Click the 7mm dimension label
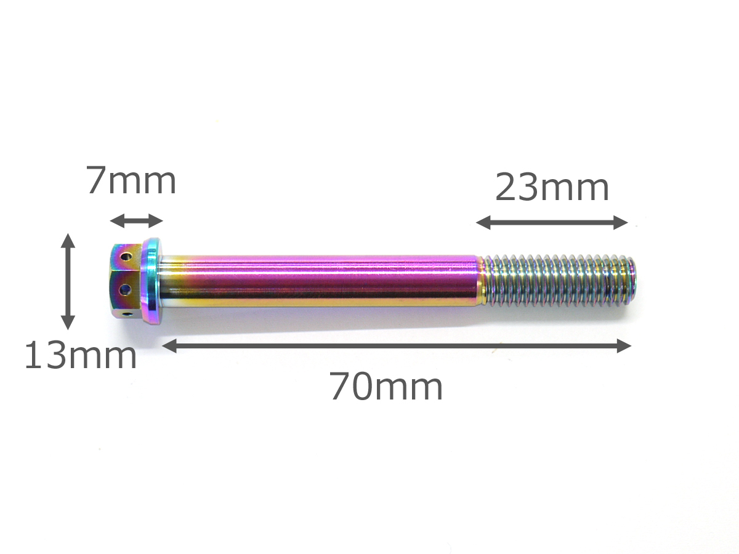click(x=132, y=180)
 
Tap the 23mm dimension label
click(x=552, y=187)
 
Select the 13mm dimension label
click(x=81, y=355)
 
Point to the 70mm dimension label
click(x=386, y=387)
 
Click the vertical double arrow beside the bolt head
click(x=68, y=281)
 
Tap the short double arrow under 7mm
click(x=136, y=221)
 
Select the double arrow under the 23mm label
click(x=552, y=222)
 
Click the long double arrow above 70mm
click(x=397, y=346)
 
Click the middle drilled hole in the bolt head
click(x=125, y=289)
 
